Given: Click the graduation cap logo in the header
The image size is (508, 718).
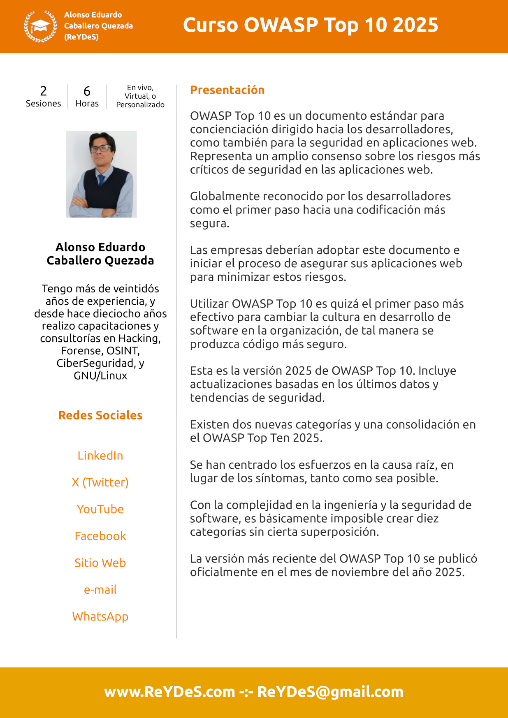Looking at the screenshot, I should coord(40,26).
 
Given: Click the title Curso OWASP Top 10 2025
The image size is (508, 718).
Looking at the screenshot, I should coord(311,25).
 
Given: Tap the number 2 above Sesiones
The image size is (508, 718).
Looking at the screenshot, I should coord(43,91).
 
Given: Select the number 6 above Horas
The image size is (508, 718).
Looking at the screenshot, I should coord(87,91).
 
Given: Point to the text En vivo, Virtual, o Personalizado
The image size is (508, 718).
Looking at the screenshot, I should coord(140,96).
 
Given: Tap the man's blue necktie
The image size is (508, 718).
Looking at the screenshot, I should coord(100,180).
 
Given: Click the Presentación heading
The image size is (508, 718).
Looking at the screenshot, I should coord(227,90).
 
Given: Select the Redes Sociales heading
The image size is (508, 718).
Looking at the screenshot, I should coord(100,415).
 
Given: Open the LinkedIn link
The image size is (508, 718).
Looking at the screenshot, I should coord(100,456).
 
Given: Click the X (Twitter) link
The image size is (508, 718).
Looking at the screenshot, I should coord(100,482).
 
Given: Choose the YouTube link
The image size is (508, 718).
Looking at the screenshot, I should coord(100,509).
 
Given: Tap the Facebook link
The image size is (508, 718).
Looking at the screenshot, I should coord(100,536).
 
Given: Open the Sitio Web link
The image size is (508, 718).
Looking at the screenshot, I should coord(100,563).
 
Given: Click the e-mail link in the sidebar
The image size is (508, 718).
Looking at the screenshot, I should coord(100,590).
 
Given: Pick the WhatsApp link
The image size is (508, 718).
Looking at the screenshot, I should coord(100,617).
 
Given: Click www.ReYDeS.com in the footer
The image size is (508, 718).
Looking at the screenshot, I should coord(169,692).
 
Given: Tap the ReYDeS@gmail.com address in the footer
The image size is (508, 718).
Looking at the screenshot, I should coord(330,692).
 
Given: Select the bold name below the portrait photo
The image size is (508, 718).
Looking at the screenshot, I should coord(100,254).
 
